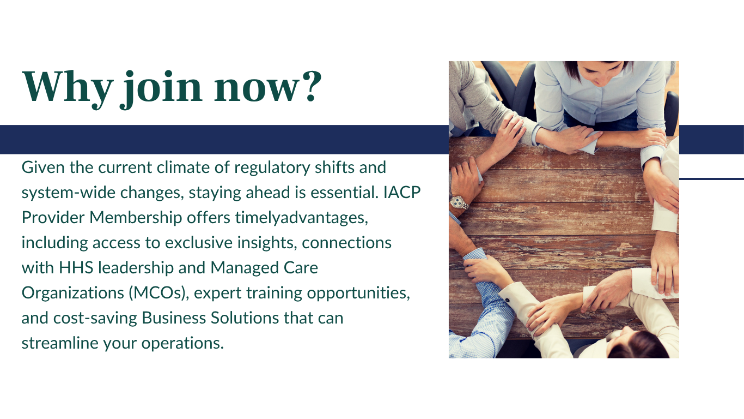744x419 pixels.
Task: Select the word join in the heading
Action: tap(161, 89)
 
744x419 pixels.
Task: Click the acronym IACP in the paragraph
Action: tap(402, 193)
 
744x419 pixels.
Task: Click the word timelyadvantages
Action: tap(302, 218)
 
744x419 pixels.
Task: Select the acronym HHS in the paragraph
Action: tap(76, 268)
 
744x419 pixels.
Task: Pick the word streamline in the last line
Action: tap(60, 343)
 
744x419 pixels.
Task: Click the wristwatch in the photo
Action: tap(459, 202)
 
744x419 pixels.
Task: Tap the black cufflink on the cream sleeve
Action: tap(507, 300)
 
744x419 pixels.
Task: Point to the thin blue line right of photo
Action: tap(711, 179)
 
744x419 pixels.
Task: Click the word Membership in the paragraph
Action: tap(136, 218)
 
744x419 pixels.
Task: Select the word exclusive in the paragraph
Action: tap(199, 243)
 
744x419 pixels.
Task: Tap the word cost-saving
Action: tap(95, 319)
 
